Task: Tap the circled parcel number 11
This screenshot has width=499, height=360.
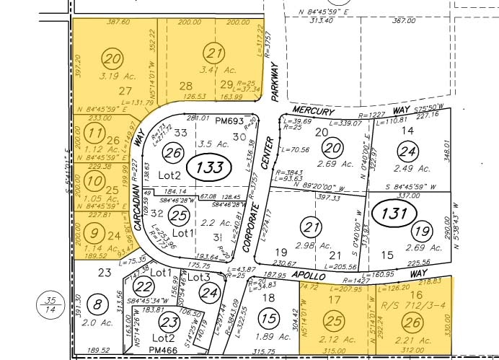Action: click(94, 134)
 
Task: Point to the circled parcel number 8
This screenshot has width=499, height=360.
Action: click(98, 305)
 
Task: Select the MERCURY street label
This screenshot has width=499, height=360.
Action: click(314, 112)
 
